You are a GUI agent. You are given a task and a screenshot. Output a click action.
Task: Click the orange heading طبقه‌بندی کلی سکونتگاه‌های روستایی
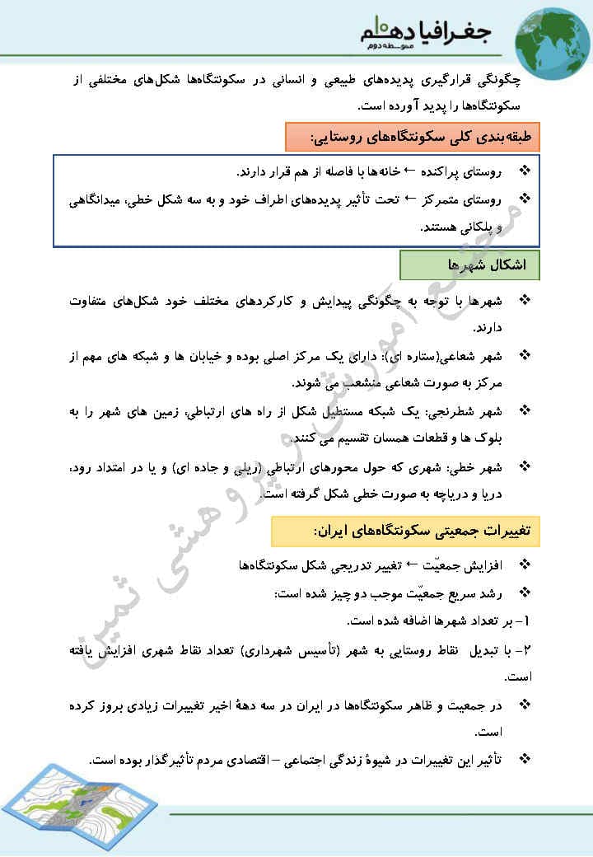click(412, 136)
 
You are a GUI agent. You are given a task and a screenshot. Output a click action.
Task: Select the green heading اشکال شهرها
click(469, 265)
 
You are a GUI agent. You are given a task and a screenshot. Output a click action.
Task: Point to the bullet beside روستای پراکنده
click(525, 171)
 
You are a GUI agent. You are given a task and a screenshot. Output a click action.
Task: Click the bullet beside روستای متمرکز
click(525, 199)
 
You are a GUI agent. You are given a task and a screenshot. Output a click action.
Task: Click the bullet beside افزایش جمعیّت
click(525, 566)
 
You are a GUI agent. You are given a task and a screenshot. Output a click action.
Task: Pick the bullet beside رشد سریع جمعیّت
click(525, 593)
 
